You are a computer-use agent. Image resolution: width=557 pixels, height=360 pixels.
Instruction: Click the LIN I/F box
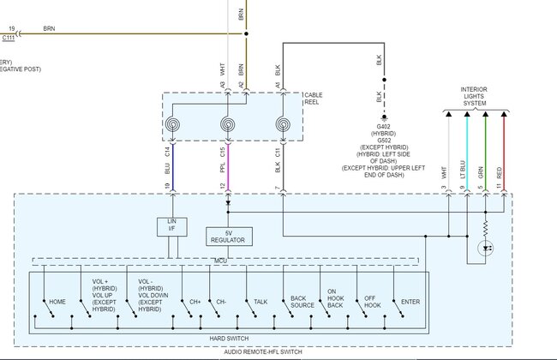171,226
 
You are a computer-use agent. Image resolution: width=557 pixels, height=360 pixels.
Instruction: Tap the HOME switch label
57,302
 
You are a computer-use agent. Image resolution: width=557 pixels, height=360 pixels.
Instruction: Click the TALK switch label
261,302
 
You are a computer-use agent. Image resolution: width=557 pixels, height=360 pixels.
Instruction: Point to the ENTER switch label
410,302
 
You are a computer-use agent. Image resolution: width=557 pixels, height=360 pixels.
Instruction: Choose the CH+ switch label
195,302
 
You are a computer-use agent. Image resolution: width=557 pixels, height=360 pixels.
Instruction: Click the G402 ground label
383,126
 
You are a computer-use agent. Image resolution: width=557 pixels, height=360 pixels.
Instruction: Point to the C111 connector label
9,38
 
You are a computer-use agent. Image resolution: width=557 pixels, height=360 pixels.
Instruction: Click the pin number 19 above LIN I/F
168,187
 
